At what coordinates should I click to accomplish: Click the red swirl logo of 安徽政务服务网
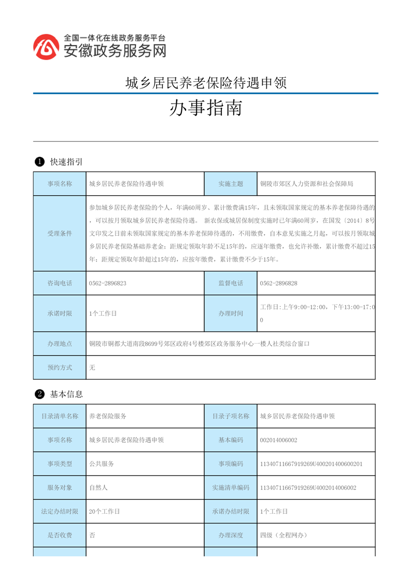pyautogui.click(x=46, y=47)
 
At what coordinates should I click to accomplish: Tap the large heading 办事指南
pyautogui.click(x=206, y=108)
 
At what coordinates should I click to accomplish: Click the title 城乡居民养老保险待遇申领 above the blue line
pyautogui.click(x=206, y=82)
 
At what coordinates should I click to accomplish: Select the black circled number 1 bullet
pyautogui.click(x=38, y=162)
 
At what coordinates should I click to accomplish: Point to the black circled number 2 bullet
pyautogui.click(x=38, y=395)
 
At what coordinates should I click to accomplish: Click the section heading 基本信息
pyautogui.click(x=66, y=395)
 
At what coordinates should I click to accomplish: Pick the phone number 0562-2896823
pyautogui.click(x=108, y=283)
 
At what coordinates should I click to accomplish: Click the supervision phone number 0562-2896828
pyautogui.click(x=279, y=283)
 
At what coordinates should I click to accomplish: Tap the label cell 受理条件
pyautogui.click(x=60, y=234)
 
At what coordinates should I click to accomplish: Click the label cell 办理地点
pyautogui.click(x=60, y=343)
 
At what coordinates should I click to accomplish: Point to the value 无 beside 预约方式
pyautogui.click(x=92, y=367)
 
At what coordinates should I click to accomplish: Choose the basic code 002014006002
pyautogui.click(x=279, y=440)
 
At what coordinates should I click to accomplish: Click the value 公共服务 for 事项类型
pyautogui.click(x=102, y=464)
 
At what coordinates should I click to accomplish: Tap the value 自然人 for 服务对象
pyautogui.click(x=98, y=488)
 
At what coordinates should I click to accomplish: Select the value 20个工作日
pyautogui.click(x=104, y=512)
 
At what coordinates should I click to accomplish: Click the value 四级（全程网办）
pyautogui.click(x=284, y=535)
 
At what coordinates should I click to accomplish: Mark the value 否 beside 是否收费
pyautogui.click(x=92, y=535)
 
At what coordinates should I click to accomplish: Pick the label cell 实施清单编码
pyautogui.click(x=231, y=488)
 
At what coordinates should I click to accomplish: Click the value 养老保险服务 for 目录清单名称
pyautogui.click(x=108, y=416)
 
